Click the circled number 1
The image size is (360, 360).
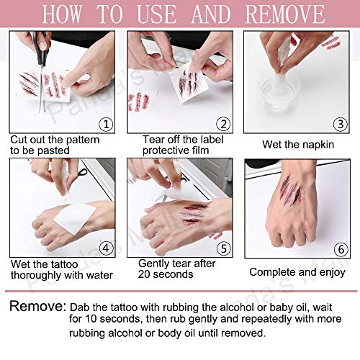point(106,123)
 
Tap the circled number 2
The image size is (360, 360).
point(223,123)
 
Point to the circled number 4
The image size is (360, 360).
point(107,249)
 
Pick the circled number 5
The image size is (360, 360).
point(223,249)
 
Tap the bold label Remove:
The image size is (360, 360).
point(37,306)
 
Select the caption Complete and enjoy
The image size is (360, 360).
point(296,271)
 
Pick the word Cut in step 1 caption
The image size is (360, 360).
point(19,139)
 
